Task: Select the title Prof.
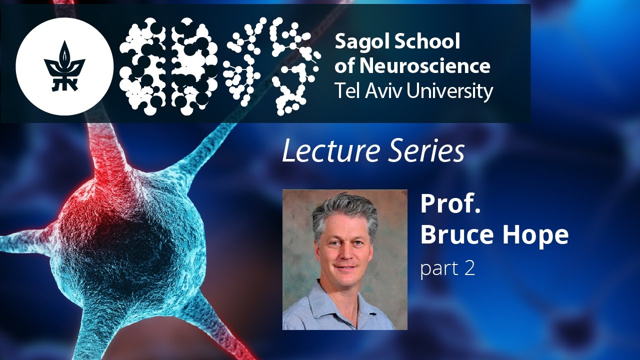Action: click(450, 203)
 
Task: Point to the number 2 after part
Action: click(468, 268)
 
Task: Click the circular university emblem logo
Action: click(65, 66)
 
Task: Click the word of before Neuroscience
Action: click(345, 66)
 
